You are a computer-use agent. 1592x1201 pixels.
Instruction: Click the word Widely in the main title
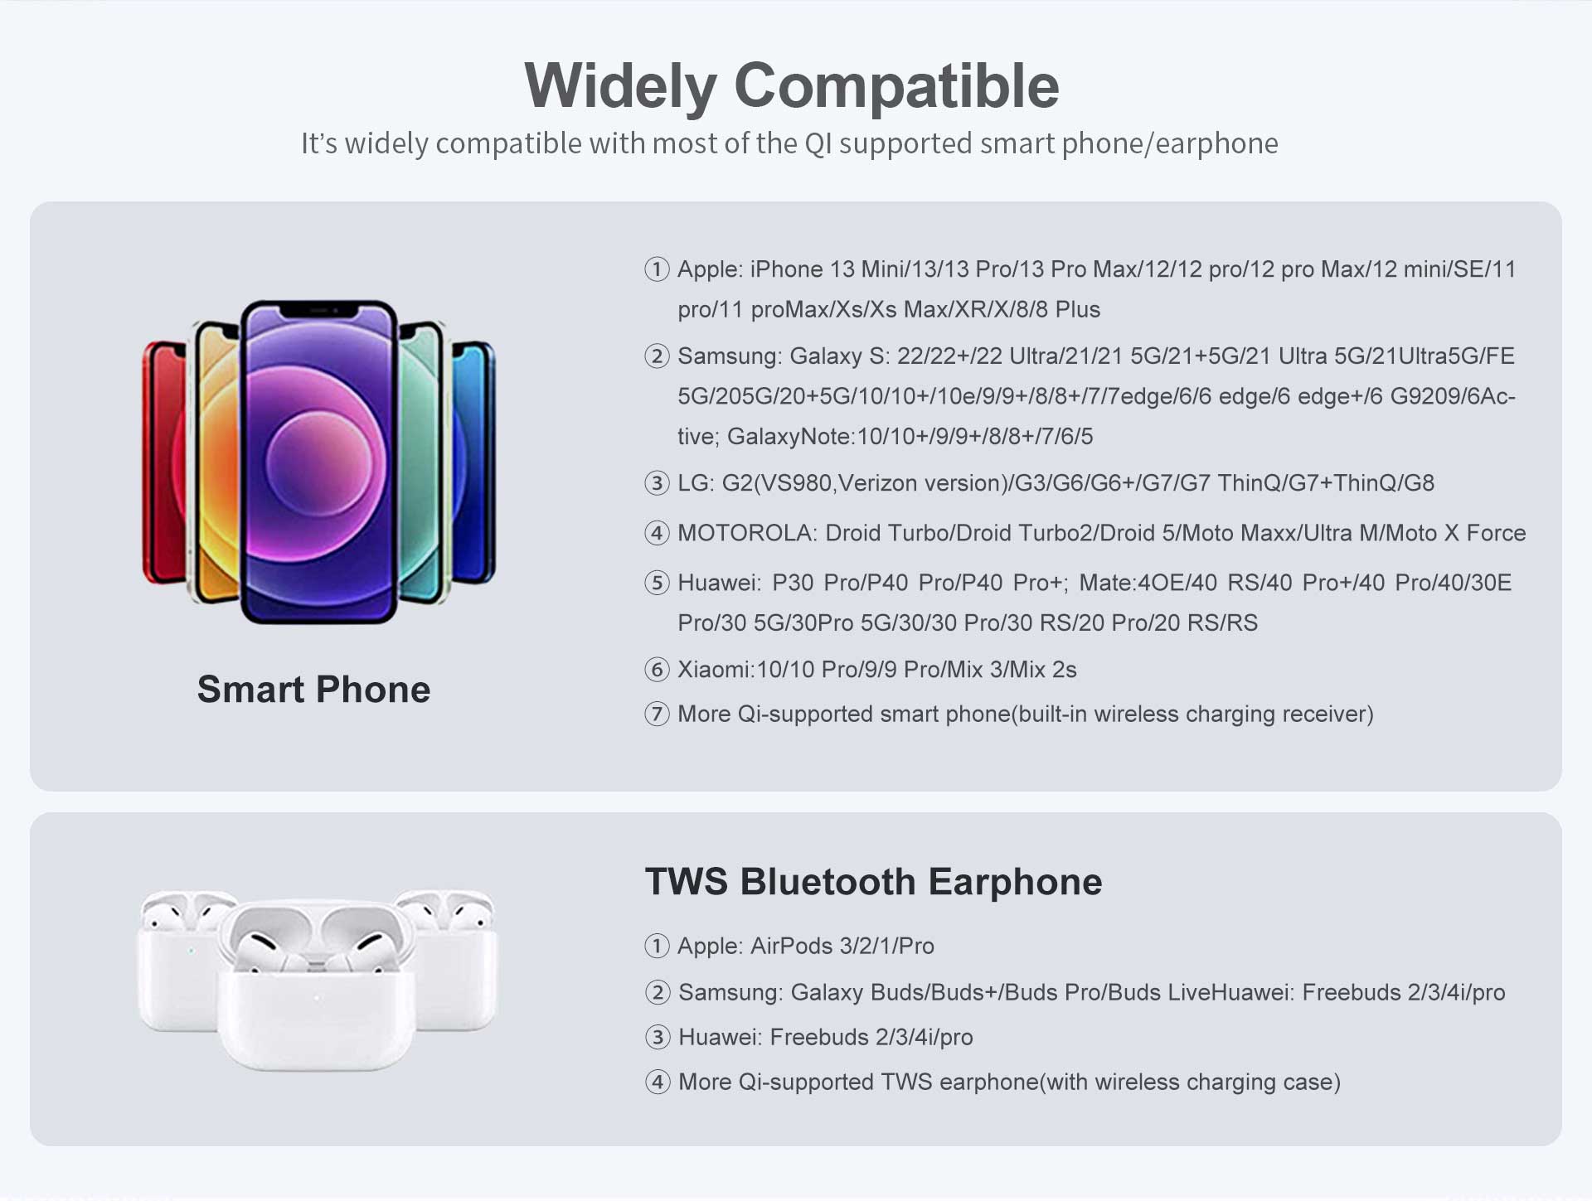pos(620,86)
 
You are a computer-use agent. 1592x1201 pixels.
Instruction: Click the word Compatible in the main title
pos(896,86)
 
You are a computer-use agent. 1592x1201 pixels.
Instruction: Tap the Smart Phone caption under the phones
pos(313,689)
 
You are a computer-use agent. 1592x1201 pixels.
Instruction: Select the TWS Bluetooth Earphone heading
pos(873,881)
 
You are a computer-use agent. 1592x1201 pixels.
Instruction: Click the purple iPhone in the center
pos(318,462)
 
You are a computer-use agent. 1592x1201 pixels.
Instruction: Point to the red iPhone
pos(164,462)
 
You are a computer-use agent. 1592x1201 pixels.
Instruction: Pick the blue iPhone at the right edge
pos(474,462)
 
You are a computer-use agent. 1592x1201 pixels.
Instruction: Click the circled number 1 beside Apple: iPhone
pos(657,269)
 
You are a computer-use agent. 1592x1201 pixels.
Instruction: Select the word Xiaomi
pos(714,670)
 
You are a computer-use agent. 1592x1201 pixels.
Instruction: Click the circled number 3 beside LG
pos(657,483)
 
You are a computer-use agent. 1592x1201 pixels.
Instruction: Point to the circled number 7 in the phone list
pos(657,714)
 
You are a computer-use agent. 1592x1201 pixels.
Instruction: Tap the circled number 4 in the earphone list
pos(658,1082)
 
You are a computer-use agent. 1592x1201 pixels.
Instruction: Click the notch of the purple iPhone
pos(318,310)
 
